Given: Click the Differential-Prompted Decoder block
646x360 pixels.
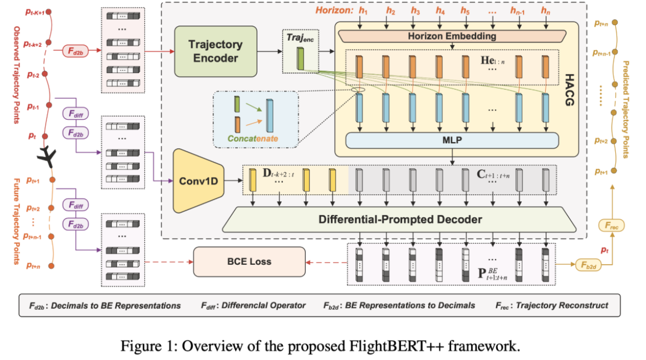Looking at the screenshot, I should coord(400,220).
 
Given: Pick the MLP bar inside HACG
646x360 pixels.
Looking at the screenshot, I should coord(452,140).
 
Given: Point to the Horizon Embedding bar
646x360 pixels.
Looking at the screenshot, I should coord(452,36).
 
